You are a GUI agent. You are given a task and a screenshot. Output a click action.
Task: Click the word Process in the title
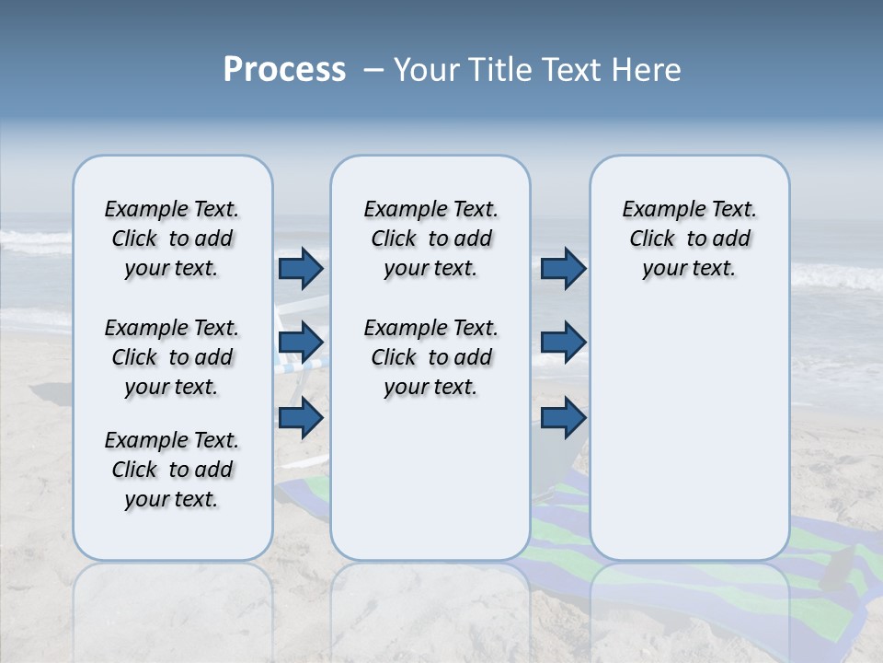coord(284,70)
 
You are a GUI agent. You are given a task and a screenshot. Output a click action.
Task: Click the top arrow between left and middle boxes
coord(301,268)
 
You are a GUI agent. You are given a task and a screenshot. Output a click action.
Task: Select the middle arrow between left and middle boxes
coord(301,343)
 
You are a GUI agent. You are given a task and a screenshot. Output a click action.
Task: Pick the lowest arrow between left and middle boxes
coord(301,418)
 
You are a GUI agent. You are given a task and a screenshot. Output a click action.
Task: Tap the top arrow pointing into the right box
coord(563,268)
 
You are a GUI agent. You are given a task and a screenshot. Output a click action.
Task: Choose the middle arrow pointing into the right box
coord(563,343)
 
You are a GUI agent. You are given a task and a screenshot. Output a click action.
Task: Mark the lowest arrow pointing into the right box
coord(563,418)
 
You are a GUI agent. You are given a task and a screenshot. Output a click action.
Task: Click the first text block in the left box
coord(172,238)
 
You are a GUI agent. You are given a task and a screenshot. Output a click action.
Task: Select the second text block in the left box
coord(172,357)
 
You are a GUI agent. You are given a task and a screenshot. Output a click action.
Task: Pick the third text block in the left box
coord(172,470)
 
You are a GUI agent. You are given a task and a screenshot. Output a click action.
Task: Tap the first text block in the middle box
coord(430,238)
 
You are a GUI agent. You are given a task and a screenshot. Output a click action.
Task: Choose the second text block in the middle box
coord(430,357)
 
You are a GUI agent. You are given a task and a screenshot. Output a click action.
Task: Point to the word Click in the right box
coord(652,239)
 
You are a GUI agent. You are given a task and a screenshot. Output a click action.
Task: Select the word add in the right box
coord(732,239)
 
